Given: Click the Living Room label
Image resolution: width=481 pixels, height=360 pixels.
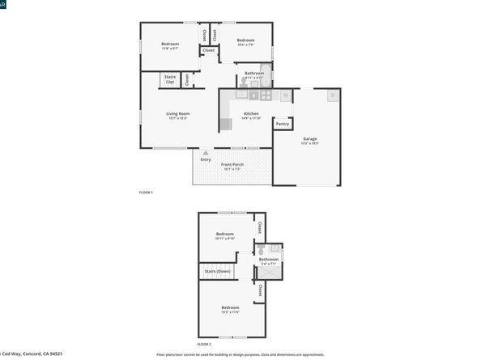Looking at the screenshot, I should coord(177,113).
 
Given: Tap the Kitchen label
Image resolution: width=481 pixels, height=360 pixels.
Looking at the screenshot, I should coord(250,113).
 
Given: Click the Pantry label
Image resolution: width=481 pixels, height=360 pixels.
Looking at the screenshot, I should coord(282,124).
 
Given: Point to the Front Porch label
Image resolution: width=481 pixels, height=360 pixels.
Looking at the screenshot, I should coord(232,164).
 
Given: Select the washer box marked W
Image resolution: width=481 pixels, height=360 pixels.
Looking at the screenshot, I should coord(285,96).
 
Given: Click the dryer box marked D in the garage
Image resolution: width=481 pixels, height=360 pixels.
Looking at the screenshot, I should coord(332,95).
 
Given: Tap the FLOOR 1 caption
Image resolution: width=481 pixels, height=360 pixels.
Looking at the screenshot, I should coord(146,192).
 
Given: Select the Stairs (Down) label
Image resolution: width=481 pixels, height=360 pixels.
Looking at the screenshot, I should coord(217,271).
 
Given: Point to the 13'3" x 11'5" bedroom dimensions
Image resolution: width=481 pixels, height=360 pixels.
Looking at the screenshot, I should coord(230,312).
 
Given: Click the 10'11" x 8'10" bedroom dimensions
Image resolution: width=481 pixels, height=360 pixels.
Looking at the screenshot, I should coord(224,239).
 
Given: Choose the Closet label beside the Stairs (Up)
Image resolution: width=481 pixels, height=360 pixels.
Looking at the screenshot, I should coord(186,79).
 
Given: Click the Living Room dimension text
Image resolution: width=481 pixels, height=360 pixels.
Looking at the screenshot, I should coord(177,118).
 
